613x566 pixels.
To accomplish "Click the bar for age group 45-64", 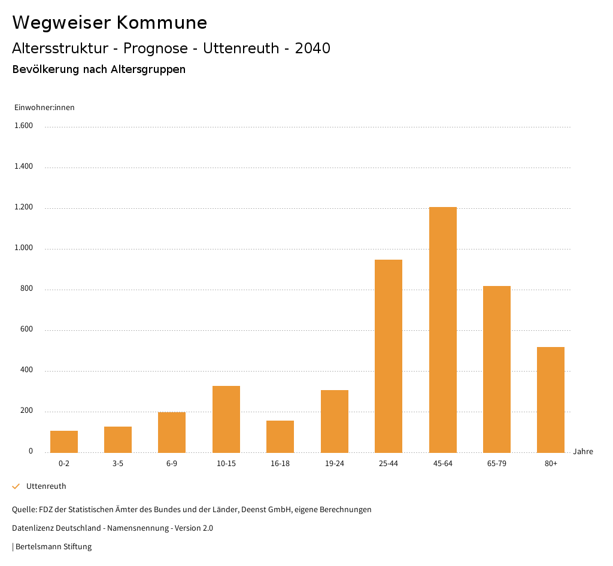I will tap(442, 330).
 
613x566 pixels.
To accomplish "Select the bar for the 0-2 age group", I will tap(64, 442).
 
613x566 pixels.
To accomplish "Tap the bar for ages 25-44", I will tap(389, 356).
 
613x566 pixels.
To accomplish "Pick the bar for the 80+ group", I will tap(551, 400).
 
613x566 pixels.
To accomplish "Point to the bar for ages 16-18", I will tap(280, 437).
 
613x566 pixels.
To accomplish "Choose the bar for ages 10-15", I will tap(226, 419).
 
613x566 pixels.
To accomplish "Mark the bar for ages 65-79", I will tap(497, 369).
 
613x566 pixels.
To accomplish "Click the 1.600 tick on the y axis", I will tap(24, 126).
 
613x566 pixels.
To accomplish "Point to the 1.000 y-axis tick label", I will tap(24, 248).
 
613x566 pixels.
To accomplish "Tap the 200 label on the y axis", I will tap(26, 411).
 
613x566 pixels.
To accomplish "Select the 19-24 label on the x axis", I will tap(335, 464).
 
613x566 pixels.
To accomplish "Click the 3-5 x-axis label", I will tap(118, 464).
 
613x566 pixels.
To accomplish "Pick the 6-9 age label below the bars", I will tap(172, 464).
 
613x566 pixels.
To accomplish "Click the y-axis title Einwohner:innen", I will tap(44, 108).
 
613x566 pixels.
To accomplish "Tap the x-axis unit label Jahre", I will tap(583, 452).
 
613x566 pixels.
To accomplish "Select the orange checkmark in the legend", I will tap(16, 486).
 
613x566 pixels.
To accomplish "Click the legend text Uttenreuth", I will tap(46, 486).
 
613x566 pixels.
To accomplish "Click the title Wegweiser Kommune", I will tap(110, 23).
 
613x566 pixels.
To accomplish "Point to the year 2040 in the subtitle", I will tap(312, 48).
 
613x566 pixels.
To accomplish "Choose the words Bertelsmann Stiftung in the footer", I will tap(54, 547).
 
